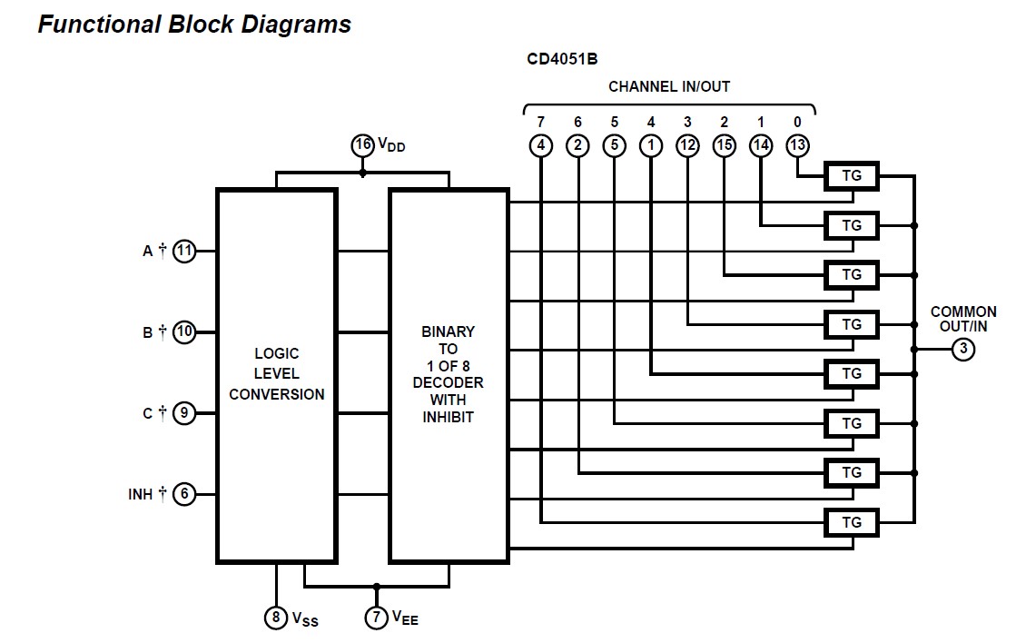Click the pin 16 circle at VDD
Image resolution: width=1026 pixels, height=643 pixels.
(x=363, y=144)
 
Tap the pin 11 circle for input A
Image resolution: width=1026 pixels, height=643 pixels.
(x=184, y=251)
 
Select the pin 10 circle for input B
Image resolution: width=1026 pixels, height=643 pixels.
(x=184, y=331)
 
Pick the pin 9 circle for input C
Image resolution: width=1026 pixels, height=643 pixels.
(x=184, y=413)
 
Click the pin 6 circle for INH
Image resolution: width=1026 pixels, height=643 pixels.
(x=184, y=494)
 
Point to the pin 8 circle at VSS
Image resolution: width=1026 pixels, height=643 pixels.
(x=276, y=618)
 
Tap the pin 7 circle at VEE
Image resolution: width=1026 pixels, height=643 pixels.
(x=377, y=618)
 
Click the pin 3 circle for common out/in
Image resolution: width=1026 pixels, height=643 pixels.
(x=962, y=349)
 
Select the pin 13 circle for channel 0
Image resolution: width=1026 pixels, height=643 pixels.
(x=797, y=144)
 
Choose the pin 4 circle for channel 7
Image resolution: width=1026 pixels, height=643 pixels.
(x=540, y=144)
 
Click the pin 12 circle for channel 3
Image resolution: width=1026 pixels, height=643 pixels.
(x=687, y=144)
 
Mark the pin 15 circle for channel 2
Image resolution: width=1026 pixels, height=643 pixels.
(x=724, y=144)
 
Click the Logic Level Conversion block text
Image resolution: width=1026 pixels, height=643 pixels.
(x=276, y=373)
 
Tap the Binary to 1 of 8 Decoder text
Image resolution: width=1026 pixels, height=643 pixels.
(x=448, y=374)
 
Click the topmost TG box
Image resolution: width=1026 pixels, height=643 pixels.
(x=852, y=176)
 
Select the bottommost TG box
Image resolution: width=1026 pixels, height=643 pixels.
(x=852, y=522)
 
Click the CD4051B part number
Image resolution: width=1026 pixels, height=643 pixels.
(x=562, y=60)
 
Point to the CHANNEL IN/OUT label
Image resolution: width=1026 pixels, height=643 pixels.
(x=669, y=87)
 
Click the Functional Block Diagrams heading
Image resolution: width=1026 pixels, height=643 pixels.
(x=194, y=25)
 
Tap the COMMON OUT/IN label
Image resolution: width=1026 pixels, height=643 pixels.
(x=963, y=319)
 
